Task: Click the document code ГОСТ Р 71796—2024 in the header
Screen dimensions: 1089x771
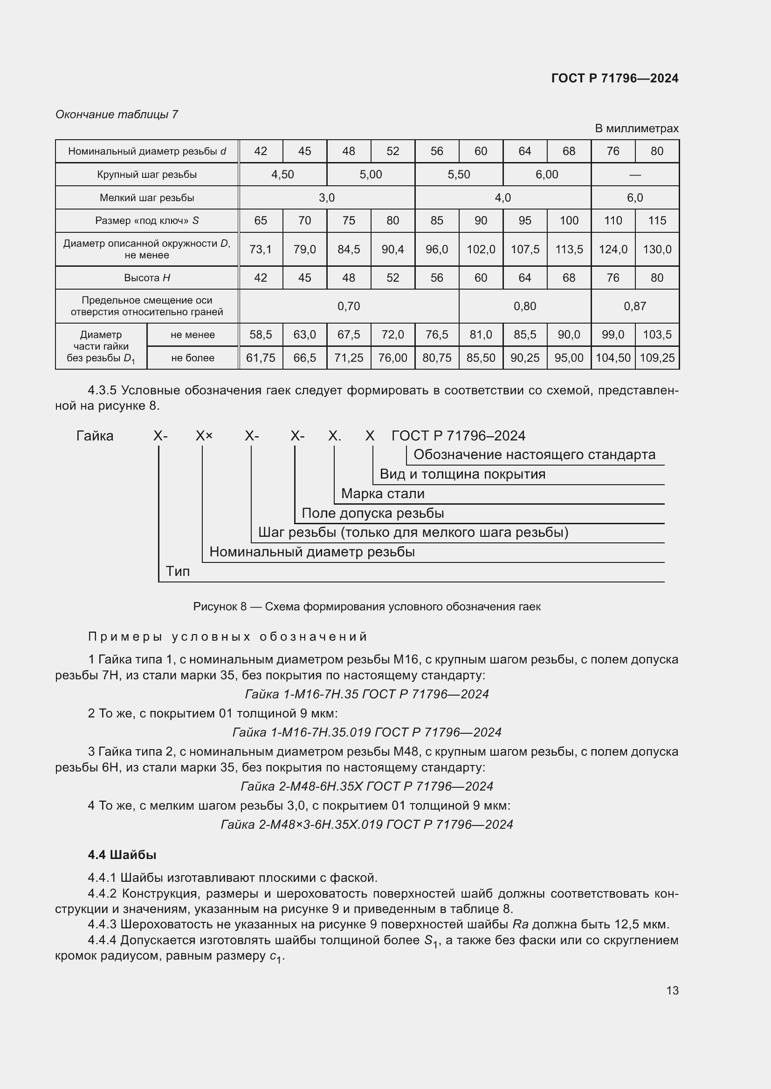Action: [615, 78]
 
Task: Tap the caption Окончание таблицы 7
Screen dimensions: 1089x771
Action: [117, 115]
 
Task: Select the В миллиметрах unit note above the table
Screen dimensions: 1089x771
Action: [636, 129]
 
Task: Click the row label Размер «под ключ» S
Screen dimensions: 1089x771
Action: [147, 221]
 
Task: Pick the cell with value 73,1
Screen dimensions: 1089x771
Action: [261, 250]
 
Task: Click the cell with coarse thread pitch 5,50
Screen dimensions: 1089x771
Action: [459, 175]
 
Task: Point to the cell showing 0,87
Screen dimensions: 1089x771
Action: [635, 306]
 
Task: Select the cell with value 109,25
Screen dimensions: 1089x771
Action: [657, 358]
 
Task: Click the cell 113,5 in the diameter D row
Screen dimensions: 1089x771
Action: [569, 250]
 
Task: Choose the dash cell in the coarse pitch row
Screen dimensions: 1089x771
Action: [635, 175]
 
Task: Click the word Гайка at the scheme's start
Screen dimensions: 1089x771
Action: [95, 436]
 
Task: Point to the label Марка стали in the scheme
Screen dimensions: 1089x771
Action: [383, 494]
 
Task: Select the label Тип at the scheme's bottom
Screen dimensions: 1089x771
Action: [178, 572]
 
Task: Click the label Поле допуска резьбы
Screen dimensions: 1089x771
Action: [373, 513]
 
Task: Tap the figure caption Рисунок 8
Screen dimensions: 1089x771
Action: [366, 607]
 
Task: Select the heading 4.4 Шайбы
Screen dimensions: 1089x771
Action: [122, 855]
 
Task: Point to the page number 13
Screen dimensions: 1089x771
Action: [672, 990]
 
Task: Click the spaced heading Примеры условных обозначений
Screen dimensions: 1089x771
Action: [227, 636]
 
